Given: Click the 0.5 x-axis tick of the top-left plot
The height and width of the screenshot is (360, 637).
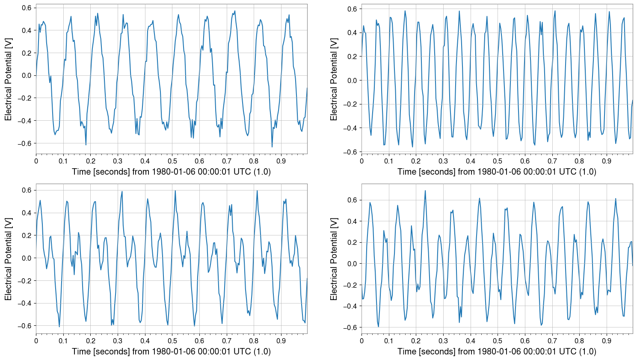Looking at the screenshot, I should click(x=172, y=161).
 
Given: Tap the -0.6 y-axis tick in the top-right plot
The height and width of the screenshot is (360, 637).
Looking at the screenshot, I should click(x=351, y=152).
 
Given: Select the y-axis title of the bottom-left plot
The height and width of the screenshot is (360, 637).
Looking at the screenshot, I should click(x=8, y=259).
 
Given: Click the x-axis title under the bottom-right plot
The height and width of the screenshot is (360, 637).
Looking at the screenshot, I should click(x=497, y=351).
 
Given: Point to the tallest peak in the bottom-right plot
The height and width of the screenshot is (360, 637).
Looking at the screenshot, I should click(x=425, y=190).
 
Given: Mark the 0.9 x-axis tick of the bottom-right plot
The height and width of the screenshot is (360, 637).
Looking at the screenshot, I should click(x=607, y=341).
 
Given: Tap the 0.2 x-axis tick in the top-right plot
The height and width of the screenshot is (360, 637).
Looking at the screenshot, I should click(x=416, y=161).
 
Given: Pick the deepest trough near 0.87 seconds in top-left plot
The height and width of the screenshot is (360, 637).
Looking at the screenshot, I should click(x=272, y=147).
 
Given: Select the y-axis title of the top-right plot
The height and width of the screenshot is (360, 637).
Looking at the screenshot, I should click(x=334, y=79).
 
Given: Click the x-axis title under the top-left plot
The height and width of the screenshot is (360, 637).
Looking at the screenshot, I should click(x=171, y=172).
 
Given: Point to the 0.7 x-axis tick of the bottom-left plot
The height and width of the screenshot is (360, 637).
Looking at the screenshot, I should click(x=227, y=341).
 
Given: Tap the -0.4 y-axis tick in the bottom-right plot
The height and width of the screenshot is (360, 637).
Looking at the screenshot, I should click(x=351, y=306).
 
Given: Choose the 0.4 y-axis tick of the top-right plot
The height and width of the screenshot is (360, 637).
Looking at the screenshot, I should click(x=353, y=33).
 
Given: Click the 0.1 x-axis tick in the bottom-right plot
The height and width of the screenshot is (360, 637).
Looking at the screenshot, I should click(x=389, y=341).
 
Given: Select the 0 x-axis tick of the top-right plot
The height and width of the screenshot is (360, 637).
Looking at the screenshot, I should click(x=361, y=161).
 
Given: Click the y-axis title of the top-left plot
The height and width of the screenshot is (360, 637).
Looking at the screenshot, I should click(x=8, y=79).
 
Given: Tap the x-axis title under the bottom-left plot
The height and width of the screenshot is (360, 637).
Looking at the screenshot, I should click(x=171, y=351).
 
